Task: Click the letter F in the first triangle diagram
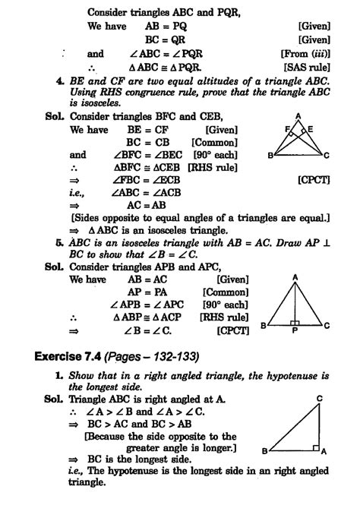tap(286, 129)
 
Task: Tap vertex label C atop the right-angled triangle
tap(320, 398)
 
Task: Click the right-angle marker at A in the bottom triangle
tap(315, 447)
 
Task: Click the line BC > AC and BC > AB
tap(144, 425)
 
